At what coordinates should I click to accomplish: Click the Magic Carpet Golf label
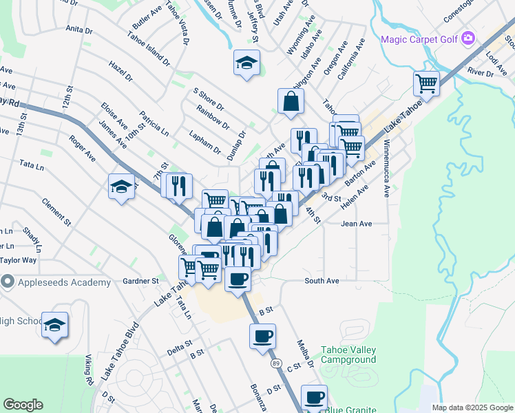(419, 39)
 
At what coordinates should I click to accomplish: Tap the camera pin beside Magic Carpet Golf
(469, 38)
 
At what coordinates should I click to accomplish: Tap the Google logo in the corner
(23, 405)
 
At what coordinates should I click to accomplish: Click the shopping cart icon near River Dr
(427, 84)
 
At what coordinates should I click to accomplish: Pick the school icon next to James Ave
(121, 186)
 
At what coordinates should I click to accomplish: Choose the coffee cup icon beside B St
(262, 336)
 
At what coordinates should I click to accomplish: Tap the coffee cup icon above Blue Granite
(315, 397)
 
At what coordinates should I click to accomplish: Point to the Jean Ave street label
(356, 224)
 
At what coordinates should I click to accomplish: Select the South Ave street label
(322, 281)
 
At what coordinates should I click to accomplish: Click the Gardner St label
(140, 281)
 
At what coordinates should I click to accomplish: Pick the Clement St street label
(56, 212)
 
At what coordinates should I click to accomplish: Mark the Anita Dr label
(79, 30)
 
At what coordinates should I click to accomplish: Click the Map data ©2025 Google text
(472, 407)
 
